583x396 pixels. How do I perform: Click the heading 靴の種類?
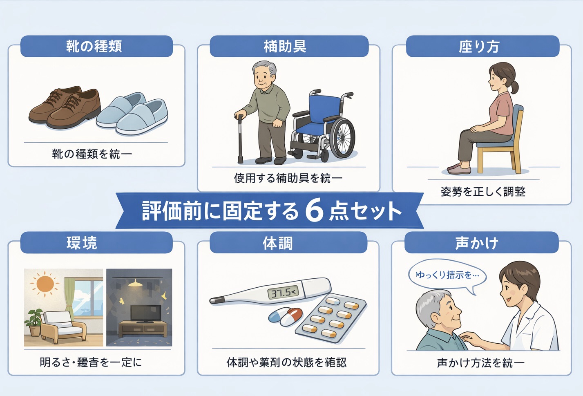tap(94, 46)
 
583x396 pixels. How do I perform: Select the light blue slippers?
tap(133, 114)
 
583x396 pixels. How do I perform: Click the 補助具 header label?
tap(285, 46)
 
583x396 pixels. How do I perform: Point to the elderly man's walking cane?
tap(240, 139)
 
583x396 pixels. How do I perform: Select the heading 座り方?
tap(479, 46)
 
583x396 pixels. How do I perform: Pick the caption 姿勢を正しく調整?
tap(483, 192)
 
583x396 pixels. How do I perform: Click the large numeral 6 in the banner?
tap(314, 211)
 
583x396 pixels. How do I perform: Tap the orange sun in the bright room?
tap(45, 283)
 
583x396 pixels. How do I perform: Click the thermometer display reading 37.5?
tap(283, 293)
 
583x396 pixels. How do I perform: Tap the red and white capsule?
tap(293, 316)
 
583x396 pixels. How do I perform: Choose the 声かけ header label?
tap(477, 243)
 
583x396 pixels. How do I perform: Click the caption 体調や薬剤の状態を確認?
tap(287, 362)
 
